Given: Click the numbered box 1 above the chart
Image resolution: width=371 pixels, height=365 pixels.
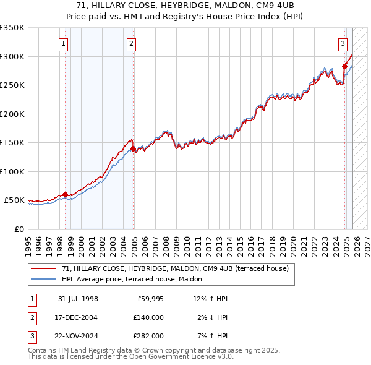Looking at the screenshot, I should (x=64, y=43).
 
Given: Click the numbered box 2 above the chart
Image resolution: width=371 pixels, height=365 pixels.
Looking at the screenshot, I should (x=132, y=43).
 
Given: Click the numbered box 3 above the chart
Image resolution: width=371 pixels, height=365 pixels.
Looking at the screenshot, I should (x=343, y=43).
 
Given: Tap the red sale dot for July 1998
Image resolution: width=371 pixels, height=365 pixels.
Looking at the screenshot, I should (x=66, y=194).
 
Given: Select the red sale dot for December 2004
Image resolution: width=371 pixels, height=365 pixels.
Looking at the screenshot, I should (x=133, y=148).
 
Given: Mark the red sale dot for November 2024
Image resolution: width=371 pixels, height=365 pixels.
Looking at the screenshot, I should (x=344, y=66).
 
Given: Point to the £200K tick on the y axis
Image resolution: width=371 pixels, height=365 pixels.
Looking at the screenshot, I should (x=12, y=114).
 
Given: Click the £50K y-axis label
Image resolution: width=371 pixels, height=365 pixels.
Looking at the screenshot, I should (x=14, y=200).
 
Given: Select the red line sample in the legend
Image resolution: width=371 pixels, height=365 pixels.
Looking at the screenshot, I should (x=43, y=268).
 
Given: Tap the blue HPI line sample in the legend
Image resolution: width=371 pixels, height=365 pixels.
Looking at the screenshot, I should (x=43, y=278).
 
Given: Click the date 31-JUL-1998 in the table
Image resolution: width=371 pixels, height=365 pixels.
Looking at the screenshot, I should (x=78, y=299).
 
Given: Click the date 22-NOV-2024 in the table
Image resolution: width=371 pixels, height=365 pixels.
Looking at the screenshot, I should (x=78, y=336).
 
